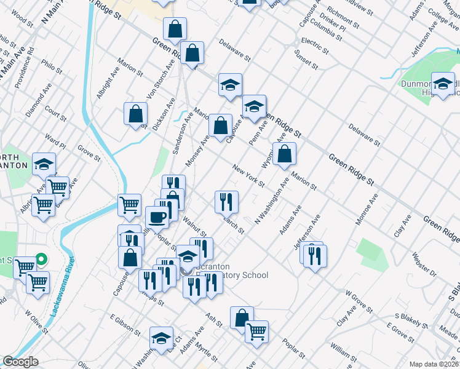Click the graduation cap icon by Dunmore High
442,84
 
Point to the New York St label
248,175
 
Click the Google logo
20,362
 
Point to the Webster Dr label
424,263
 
